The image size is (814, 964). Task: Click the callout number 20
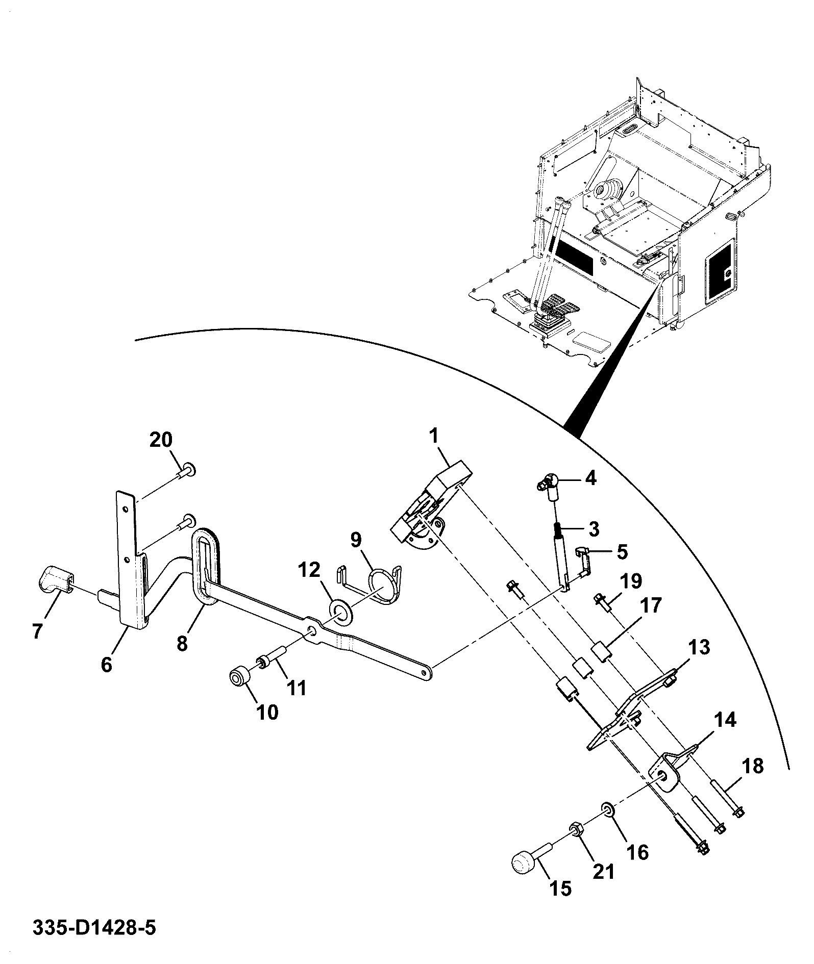[x=161, y=440]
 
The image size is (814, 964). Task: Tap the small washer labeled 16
[x=607, y=824]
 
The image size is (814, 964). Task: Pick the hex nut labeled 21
[x=576, y=845]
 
